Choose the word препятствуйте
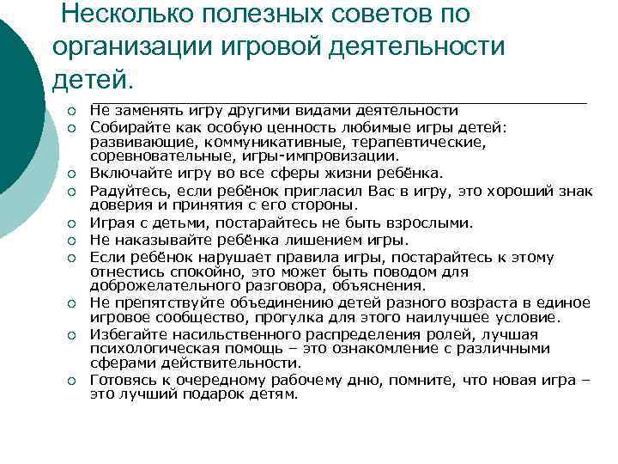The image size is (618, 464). [x=161, y=302]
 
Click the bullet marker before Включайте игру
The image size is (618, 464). [x=73, y=173]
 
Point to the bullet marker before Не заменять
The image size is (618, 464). [x=73, y=111]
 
